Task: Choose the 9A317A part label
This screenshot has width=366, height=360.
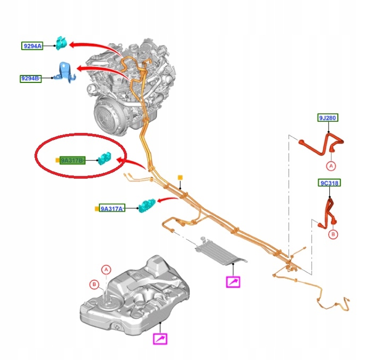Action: tap(112, 208)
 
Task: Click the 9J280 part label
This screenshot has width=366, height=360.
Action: tap(328, 118)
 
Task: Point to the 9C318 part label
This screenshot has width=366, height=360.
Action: tap(329, 183)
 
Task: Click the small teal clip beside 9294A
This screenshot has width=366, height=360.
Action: tap(61, 43)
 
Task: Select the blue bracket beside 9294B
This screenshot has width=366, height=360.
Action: tap(65, 72)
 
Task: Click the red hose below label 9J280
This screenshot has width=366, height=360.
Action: tap(321, 144)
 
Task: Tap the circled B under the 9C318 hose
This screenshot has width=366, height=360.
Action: tap(333, 234)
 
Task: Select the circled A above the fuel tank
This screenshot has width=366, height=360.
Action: tap(106, 270)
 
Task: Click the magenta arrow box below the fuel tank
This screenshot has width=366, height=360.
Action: tap(160, 338)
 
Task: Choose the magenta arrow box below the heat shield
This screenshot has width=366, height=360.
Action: tap(233, 282)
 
